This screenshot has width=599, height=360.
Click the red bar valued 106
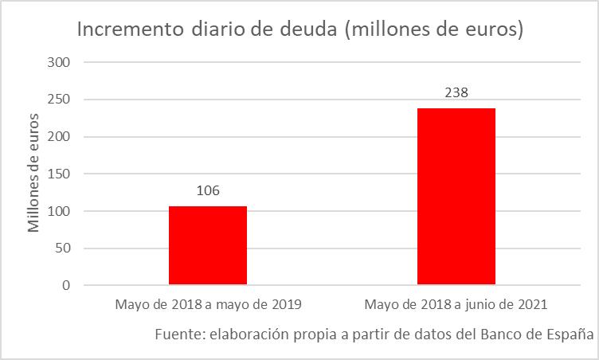click(208, 245)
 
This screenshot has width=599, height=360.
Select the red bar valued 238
click(456, 196)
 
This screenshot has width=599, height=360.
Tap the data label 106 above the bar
click(208, 191)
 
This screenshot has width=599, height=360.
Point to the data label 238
click(456, 92)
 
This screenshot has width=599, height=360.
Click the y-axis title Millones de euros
click(33, 173)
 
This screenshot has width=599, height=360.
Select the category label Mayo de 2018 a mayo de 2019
click(208, 304)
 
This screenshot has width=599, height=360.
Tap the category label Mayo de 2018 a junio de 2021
click(456, 304)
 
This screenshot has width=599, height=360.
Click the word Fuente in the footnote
click(179, 334)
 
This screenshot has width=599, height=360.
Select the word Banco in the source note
click(500, 334)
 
